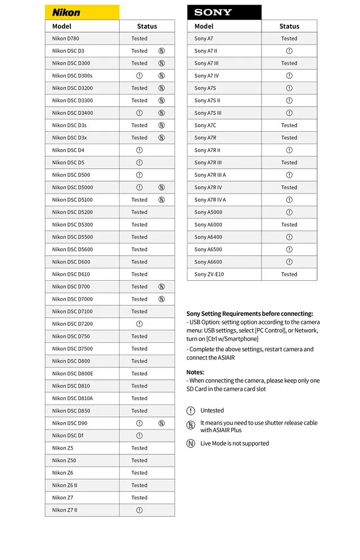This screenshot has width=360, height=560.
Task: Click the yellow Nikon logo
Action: (x=66, y=12)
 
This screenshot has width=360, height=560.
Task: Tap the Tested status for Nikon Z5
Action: (x=139, y=448)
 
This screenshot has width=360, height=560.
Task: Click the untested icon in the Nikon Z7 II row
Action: (x=139, y=510)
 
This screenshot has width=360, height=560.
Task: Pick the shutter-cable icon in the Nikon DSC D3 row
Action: (x=161, y=51)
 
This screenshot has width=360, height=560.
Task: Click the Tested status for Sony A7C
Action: (x=289, y=126)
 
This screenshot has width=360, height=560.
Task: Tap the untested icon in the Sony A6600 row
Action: (x=289, y=262)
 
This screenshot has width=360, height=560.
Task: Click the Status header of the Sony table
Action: (x=289, y=26)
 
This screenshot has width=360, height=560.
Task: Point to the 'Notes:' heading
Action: (x=195, y=373)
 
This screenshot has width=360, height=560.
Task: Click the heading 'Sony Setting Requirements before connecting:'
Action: (x=250, y=313)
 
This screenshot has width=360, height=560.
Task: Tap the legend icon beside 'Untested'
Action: (x=191, y=411)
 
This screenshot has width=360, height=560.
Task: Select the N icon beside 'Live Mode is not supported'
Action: (x=191, y=443)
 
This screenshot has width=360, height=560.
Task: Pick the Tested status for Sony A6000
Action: (x=289, y=225)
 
